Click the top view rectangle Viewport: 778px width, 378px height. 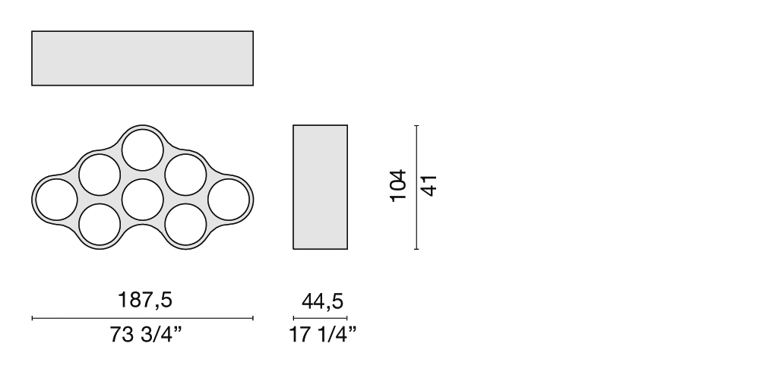click(x=142, y=58)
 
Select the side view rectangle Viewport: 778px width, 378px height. click(x=320, y=187)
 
